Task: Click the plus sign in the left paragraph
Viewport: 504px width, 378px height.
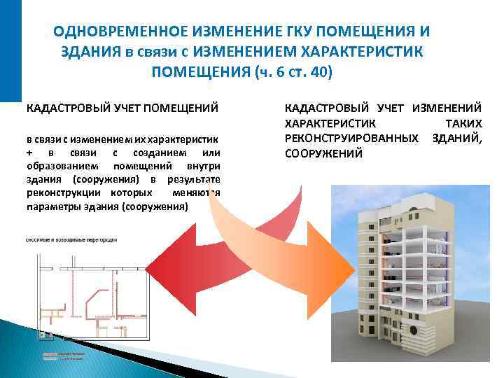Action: pos(29,153)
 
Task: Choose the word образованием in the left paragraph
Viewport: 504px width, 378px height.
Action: pos(58,166)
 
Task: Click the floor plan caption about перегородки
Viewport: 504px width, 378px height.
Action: pos(71,239)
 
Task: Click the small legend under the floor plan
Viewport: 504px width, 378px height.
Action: pos(63,356)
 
